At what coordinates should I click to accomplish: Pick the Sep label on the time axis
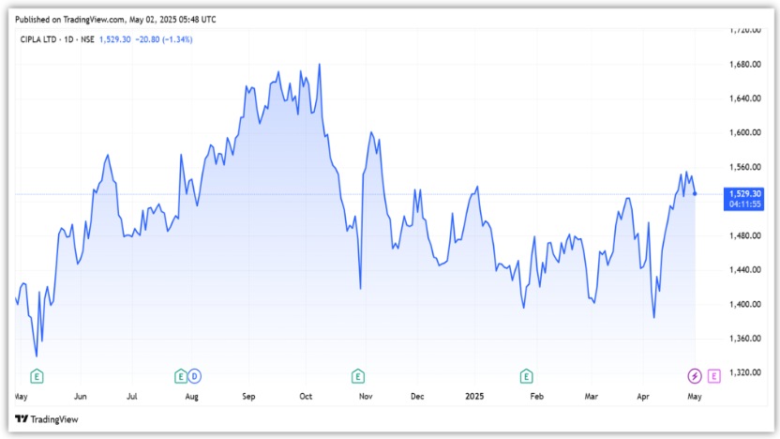pos(248,397)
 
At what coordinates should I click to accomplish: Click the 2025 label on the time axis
pos(476,397)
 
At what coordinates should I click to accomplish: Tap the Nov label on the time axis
pos(366,397)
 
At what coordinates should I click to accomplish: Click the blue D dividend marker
pos(195,376)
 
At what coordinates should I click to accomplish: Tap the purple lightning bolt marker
pos(694,376)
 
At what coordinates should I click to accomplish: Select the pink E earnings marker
pos(714,376)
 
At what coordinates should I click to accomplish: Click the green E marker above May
pos(37,376)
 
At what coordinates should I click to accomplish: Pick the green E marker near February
pos(527,376)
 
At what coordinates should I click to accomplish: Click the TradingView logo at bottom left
pos(47,419)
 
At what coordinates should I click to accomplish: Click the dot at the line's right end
pos(695,193)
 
